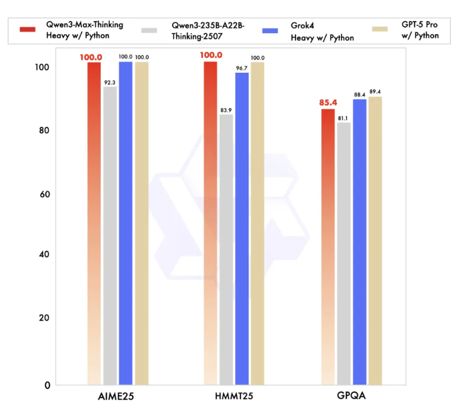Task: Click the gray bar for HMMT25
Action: (x=226, y=250)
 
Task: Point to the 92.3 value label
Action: (x=110, y=83)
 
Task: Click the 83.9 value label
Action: (x=226, y=111)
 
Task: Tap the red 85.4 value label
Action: (x=328, y=104)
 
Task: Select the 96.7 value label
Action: (x=242, y=68)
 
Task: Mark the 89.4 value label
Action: (x=375, y=92)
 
